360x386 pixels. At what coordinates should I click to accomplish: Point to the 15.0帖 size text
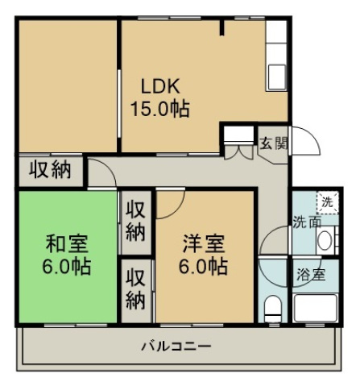tap(160, 108)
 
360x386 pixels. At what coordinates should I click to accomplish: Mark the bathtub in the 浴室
tap(316, 309)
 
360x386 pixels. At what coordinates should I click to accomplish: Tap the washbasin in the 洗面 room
tap(325, 239)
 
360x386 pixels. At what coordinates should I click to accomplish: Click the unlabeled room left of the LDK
tap(68, 85)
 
